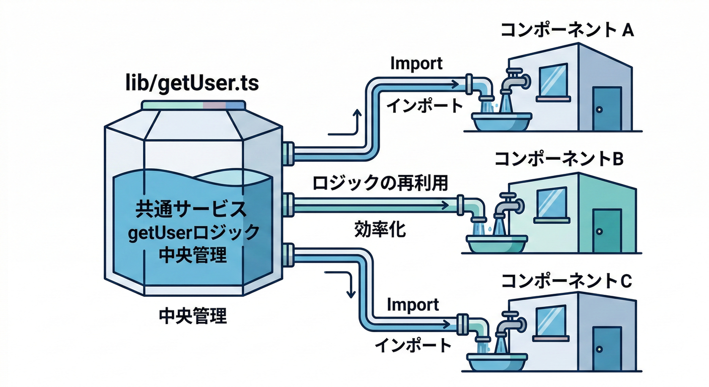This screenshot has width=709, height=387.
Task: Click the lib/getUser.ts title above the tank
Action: tap(192, 84)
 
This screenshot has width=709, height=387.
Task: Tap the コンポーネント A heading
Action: tap(566, 31)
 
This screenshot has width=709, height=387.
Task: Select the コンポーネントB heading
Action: tap(559, 159)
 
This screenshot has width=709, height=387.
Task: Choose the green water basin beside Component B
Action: tap(495, 244)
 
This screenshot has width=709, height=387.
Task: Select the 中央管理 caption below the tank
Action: tap(192, 316)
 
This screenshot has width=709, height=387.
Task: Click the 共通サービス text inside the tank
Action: tap(192, 209)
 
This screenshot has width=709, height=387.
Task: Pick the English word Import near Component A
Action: tap(416, 63)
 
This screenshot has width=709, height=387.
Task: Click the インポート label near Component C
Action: tap(413, 345)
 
